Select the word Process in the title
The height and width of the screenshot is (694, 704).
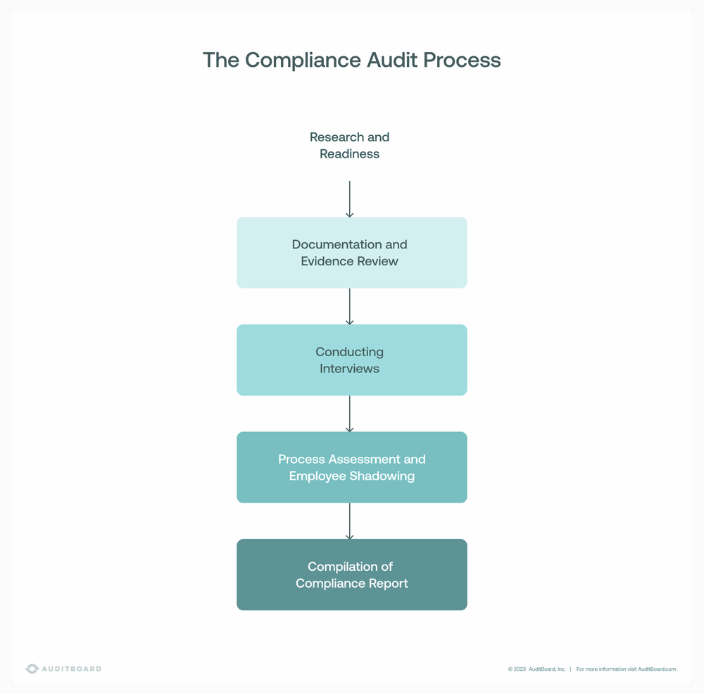pos(462,61)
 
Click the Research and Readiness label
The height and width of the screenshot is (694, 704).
pos(349,145)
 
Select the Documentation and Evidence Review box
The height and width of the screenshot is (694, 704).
pos(351,253)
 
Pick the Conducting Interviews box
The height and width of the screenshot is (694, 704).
pos(351,360)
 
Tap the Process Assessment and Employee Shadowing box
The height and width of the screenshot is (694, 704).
pos(351,467)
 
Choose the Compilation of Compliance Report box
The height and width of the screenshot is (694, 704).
pos(351,574)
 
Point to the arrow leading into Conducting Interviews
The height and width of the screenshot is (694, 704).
pos(349,306)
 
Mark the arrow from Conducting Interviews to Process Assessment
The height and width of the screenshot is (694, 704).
pos(349,414)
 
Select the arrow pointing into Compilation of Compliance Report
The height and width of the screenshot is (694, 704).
pos(349,521)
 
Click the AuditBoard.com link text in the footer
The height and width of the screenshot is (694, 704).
pos(657,669)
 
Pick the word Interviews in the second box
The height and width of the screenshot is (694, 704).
pos(349,369)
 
